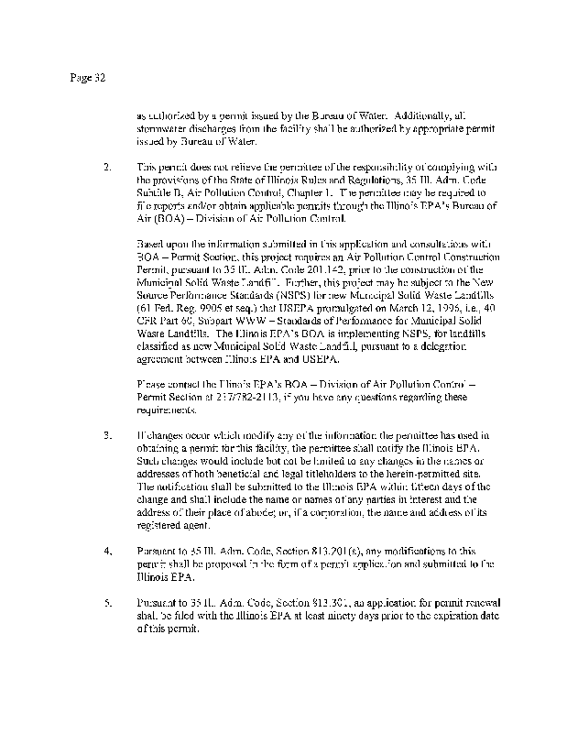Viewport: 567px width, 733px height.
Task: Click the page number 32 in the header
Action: click(x=101, y=78)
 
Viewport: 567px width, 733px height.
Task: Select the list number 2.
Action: click(x=108, y=169)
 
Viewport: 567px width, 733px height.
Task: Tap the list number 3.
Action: click(x=108, y=432)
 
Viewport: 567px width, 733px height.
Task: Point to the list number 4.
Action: click(x=108, y=552)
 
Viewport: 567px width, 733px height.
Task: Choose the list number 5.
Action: click(x=108, y=605)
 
